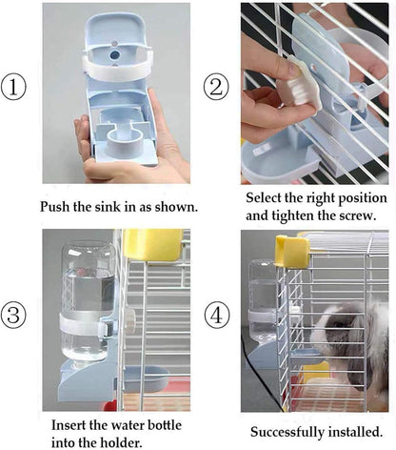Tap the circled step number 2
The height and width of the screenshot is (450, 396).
tap(214, 88)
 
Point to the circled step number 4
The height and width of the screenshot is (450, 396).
tap(214, 314)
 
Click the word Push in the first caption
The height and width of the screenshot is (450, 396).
tap(57, 206)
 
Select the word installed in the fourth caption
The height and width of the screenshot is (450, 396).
tap(357, 432)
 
